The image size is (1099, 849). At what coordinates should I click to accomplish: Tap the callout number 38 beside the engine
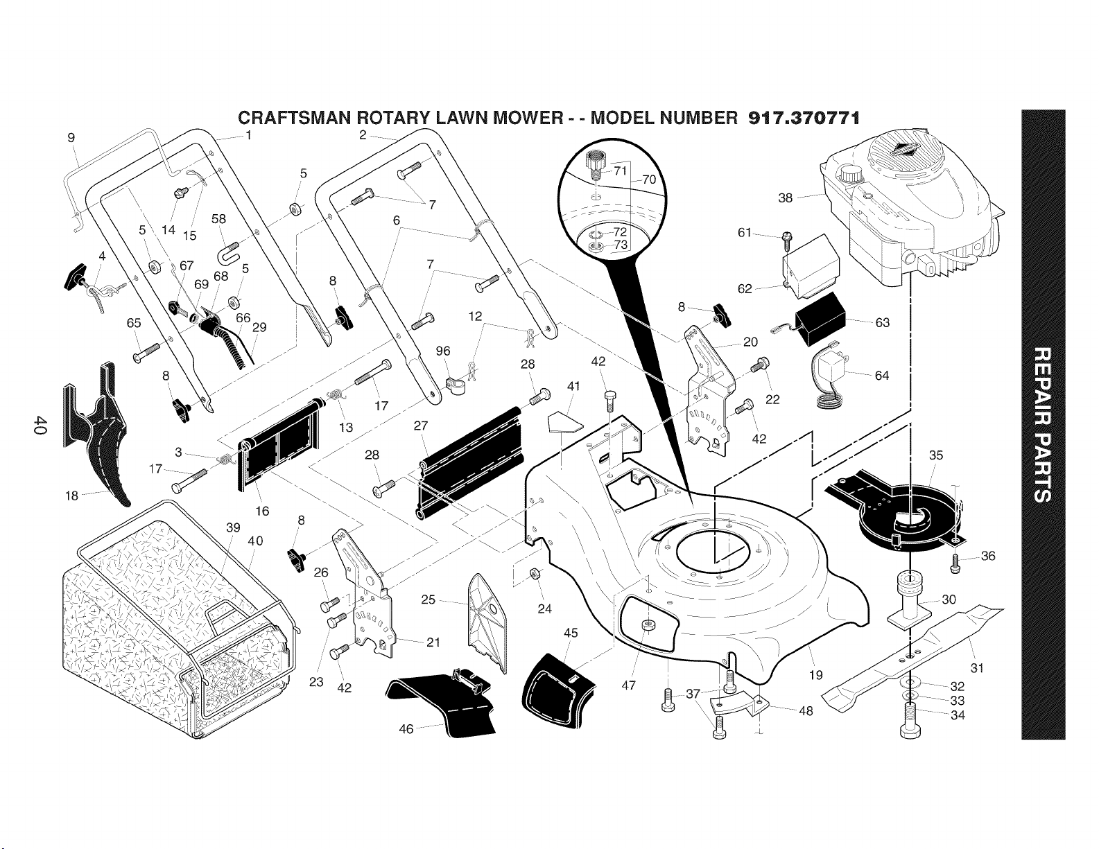click(x=785, y=198)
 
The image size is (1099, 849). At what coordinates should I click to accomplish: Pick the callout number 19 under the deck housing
click(x=816, y=674)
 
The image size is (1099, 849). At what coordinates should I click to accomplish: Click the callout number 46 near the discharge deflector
click(x=406, y=728)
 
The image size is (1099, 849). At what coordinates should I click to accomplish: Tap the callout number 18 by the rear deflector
click(x=72, y=496)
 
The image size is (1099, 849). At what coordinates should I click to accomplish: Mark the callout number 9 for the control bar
click(x=71, y=137)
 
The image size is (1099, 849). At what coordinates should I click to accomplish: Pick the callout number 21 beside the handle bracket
click(x=433, y=642)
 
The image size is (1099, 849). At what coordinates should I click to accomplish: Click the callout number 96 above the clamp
click(x=443, y=351)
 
